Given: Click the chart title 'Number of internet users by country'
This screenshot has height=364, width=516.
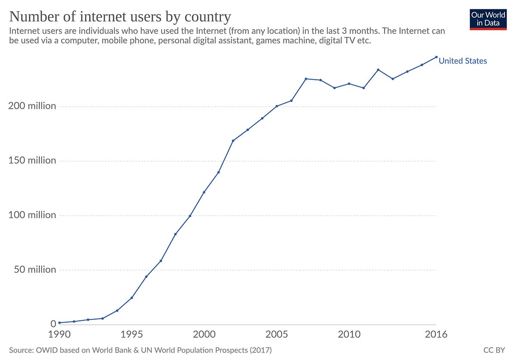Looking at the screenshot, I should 120,17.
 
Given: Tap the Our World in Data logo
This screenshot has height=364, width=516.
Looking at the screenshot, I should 488,18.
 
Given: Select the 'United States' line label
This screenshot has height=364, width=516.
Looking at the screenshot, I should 463,61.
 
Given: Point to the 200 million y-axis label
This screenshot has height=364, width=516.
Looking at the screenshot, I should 32,106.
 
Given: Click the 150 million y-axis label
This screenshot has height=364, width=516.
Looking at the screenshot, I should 32,160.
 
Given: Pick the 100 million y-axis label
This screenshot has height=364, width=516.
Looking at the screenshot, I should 32,215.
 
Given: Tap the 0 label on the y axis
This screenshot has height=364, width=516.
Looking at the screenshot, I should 53,324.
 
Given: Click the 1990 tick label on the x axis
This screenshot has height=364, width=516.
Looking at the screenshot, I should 59,334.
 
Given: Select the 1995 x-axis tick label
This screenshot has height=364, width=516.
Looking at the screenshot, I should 132,334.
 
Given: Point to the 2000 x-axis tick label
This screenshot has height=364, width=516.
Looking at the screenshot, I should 204,334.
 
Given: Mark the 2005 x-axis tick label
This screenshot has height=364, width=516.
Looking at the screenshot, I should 276,334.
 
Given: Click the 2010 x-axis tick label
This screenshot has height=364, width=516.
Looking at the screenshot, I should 349,334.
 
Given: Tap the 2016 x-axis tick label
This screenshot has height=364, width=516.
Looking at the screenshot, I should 436,334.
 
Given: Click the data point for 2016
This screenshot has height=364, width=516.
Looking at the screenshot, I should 436,57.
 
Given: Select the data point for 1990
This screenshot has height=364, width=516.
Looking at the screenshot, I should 59,323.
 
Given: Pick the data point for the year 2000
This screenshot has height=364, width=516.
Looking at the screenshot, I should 204,192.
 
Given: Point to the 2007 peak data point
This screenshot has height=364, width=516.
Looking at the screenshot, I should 306,79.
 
